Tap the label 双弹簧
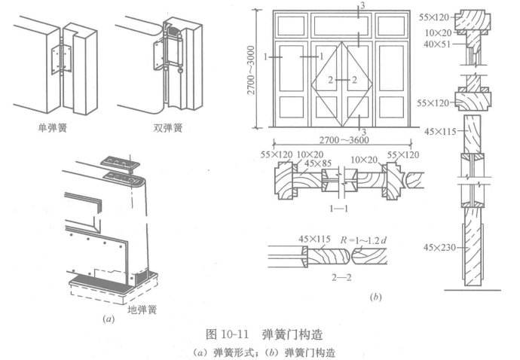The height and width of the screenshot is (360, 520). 167,128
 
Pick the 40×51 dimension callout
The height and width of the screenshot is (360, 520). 435,44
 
